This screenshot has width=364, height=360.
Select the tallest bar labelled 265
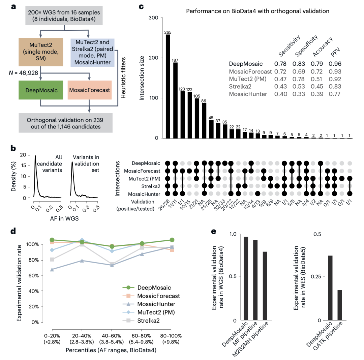pos(168,86)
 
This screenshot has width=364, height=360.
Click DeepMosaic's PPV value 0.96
pos(335,64)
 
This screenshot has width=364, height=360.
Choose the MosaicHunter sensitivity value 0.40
pos(281,94)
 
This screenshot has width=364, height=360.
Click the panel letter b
pos(14,148)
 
